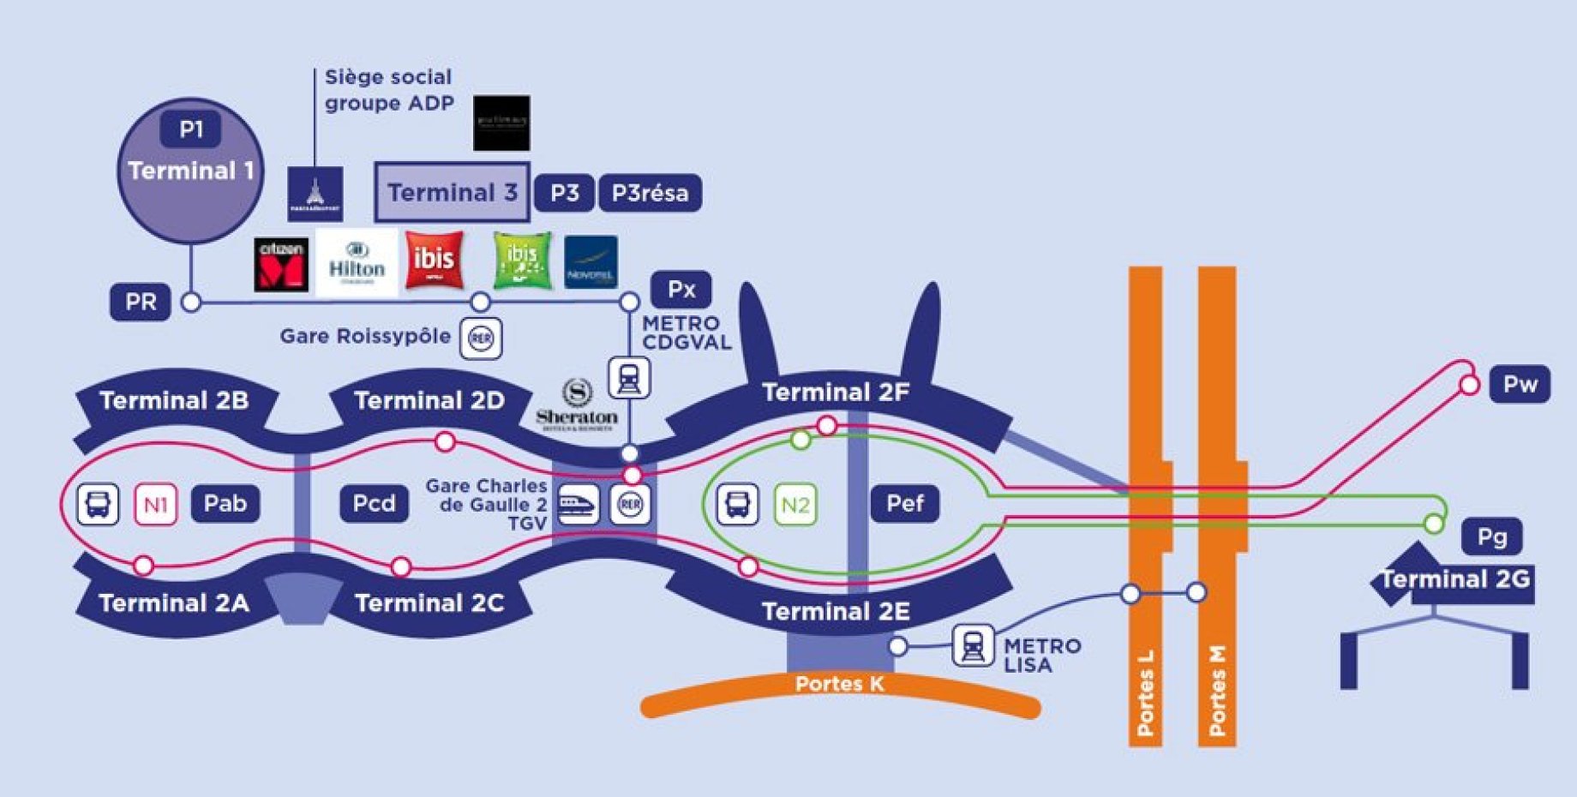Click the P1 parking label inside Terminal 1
tap(190, 129)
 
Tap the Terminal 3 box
tap(452, 192)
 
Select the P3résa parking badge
tap(650, 193)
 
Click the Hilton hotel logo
tap(357, 262)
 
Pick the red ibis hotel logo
tap(435, 259)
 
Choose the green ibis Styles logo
tap(522, 261)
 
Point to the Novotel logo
tap(591, 262)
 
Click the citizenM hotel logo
tap(281, 265)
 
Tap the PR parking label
tap(141, 303)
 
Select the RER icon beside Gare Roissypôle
tap(481, 339)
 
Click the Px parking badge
tap(681, 290)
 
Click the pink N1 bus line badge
tap(156, 504)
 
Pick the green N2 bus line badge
tap(795, 504)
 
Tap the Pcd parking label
tap(374, 503)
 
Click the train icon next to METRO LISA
tap(973, 645)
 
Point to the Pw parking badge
tap(1520, 384)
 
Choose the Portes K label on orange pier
tap(838, 684)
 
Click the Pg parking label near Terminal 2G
tap(1492, 536)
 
